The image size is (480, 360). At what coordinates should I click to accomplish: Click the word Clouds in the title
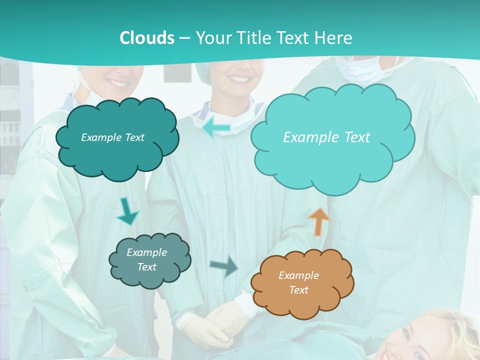147,37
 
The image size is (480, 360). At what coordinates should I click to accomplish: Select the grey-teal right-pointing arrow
224,266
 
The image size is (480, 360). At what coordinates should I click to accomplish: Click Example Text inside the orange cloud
298,282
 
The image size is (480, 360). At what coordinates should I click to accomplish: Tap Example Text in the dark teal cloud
112,137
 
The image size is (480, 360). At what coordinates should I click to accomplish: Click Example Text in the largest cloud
326,137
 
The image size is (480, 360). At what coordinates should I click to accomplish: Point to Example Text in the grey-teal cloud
146,259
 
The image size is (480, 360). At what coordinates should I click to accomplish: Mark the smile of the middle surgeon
238,79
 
